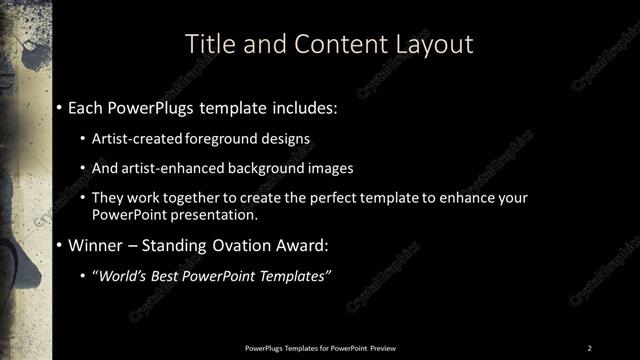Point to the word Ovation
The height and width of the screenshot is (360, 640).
pos(236,245)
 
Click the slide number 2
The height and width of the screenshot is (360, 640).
pos(589,347)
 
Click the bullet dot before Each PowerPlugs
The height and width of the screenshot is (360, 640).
pos(60,106)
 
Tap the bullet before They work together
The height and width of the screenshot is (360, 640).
pos(83,199)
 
